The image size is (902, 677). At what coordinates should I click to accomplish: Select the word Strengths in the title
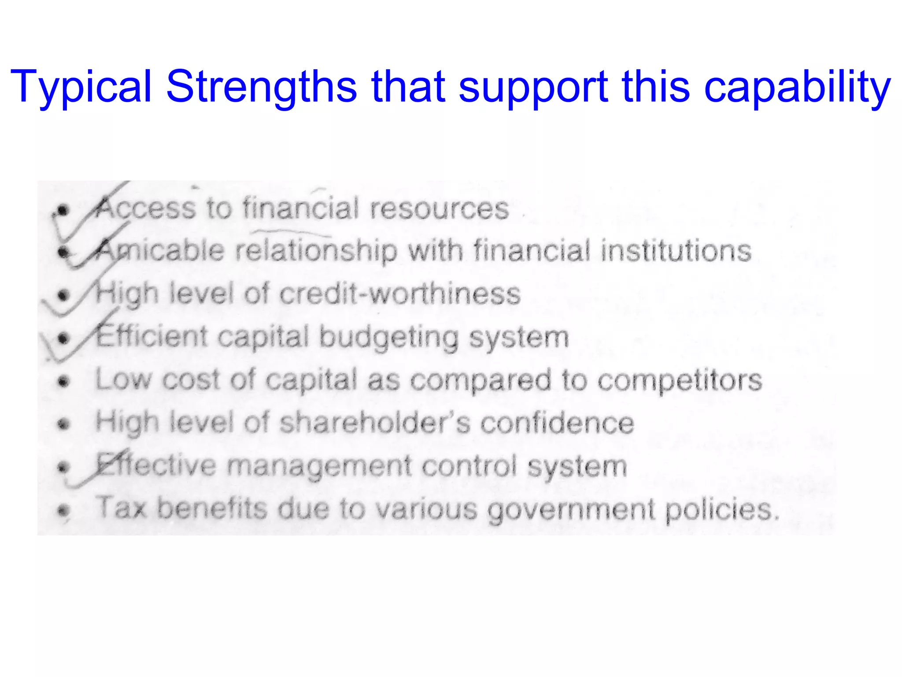pyautogui.click(x=261, y=87)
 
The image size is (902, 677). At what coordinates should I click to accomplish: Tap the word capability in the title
pyautogui.click(x=797, y=87)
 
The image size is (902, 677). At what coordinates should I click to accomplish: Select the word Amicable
pyautogui.click(x=161, y=250)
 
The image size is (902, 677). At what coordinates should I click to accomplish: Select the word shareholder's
pyautogui.click(x=374, y=423)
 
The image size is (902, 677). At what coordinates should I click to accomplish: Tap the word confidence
pyautogui.click(x=557, y=423)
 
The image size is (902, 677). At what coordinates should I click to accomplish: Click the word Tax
pyautogui.click(x=121, y=508)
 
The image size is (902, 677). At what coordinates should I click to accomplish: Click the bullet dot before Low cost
pyautogui.click(x=64, y=381)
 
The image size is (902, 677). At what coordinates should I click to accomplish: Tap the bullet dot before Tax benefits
pyautogui.click(x=64, y=511)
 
